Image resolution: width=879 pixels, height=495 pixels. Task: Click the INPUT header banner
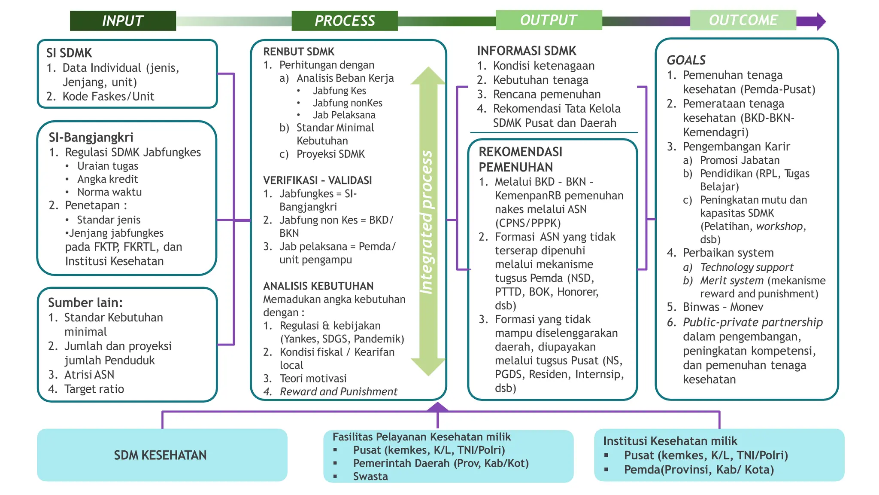click(123, 21)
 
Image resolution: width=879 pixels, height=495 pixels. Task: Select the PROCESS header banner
click(344, 21)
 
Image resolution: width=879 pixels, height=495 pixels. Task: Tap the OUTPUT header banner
click(549, 20)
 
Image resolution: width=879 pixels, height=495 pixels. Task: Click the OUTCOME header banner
click(743, 20)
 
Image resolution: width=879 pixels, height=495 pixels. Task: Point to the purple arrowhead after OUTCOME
click(821, 21)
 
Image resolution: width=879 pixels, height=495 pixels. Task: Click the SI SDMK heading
click(69, 53)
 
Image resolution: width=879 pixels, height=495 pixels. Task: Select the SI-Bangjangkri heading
click(91, 137)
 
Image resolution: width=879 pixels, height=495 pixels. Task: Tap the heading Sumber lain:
click(85, 302)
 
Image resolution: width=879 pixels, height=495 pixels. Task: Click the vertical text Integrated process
click(427, 222)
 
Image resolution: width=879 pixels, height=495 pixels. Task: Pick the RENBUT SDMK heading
click(299, 52)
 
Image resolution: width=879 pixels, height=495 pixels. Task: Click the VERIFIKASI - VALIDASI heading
click(317, 180)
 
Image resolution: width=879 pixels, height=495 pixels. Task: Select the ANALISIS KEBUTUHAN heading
click(318, 286)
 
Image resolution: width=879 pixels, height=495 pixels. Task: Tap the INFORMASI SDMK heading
click(526, 51)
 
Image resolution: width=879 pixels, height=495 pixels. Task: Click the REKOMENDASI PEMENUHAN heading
click(520, 159)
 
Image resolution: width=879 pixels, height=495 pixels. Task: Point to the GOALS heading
click(686, 60)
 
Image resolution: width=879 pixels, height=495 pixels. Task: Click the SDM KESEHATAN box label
click(160, 455)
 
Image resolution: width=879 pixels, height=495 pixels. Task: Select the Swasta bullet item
click(370, 477)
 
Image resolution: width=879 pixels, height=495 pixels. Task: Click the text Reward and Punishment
click(338, 391)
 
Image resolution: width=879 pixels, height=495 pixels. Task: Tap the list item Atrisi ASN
click(89, 375)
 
